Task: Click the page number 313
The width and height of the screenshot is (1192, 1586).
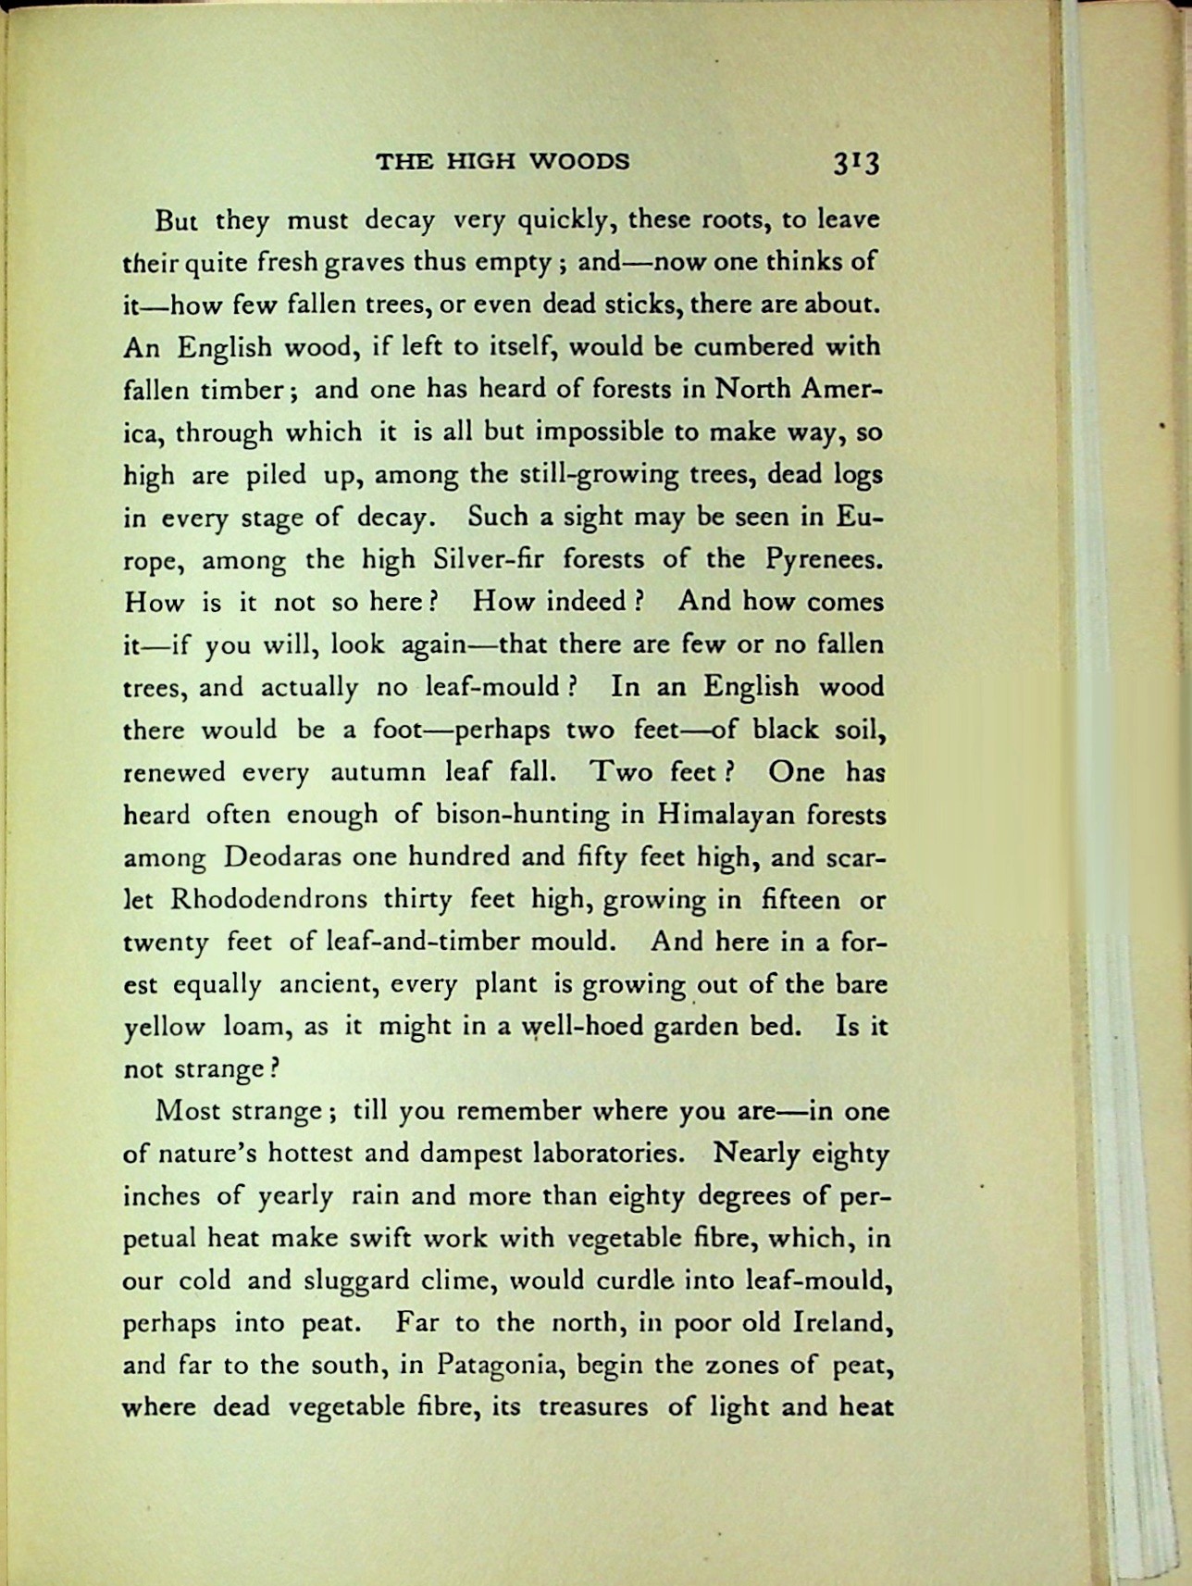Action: (x=855, y=163)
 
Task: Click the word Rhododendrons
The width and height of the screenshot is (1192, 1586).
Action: (x=269, y=900)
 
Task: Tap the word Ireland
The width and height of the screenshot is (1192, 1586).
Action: (x=843, y=1322)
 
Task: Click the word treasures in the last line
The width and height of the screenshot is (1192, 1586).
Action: (x=593, y=1408)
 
